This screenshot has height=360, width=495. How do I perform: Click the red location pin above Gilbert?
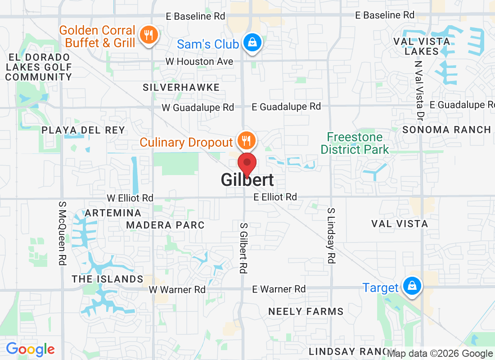point(247,163)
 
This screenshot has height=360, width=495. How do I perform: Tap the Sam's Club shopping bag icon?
point(252,43)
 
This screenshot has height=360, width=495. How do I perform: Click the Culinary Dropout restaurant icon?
point(246,141)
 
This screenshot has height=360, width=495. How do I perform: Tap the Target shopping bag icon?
point(411,286)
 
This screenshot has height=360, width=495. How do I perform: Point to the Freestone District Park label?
point(355,143)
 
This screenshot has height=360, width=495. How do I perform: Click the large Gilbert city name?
point(247,180)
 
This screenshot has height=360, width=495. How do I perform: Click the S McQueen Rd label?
point(62,233)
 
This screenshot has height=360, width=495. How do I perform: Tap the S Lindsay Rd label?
point(331,235)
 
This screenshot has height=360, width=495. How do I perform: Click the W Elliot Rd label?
point(130,198)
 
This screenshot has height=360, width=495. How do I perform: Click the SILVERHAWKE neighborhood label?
point(181,87)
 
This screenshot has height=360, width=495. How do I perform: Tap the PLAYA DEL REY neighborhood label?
point(83,130)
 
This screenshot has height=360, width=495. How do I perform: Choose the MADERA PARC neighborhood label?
point(165,225)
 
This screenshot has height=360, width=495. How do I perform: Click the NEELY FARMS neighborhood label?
point(306,311)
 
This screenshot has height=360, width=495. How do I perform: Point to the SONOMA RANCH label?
point(446,130)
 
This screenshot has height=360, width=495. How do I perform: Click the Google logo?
point(30,349)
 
